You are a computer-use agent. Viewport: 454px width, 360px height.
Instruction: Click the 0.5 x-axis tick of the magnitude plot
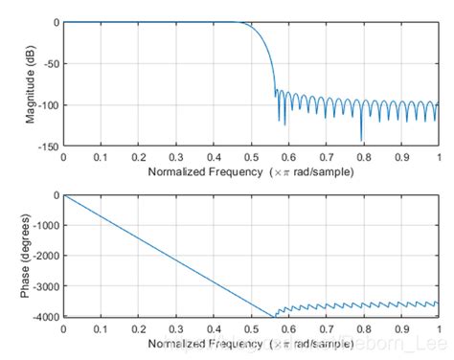(251, 156)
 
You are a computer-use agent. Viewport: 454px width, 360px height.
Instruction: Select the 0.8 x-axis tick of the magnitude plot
(364, 156)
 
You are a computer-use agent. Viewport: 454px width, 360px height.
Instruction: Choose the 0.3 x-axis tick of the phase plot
(176, 327)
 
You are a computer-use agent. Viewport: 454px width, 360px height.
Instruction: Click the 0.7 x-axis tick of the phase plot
(327, 327)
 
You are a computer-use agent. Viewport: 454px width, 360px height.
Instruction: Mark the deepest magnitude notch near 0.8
(361, 141)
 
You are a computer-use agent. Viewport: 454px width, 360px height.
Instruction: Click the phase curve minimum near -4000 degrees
(274, 316)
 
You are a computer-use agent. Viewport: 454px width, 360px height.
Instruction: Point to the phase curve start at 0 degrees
(63, 194)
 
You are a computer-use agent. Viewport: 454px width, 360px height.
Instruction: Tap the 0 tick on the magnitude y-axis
(55, 22)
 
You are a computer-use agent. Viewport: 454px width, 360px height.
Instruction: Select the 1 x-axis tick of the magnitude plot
(439, 156)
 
